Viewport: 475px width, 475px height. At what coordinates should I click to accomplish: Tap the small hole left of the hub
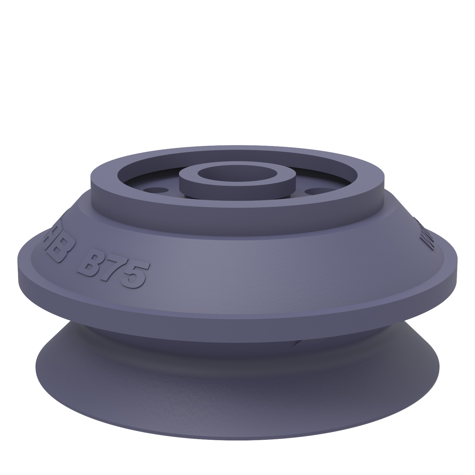coord(155,191)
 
